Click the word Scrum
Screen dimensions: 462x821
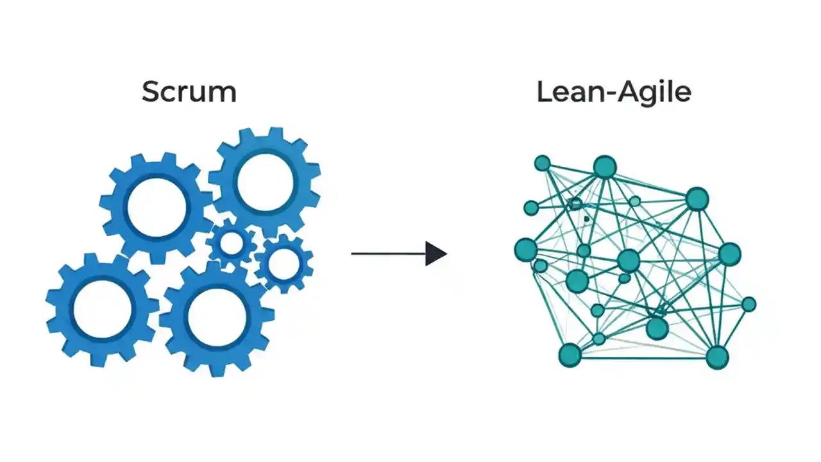point(189,92)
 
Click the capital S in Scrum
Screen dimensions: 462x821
point(150,92)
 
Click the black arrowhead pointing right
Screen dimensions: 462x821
point(436,253)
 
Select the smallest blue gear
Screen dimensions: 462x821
point(231,244)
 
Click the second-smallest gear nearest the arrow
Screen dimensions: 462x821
point(284,262)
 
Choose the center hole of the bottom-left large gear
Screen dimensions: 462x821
point(102,310)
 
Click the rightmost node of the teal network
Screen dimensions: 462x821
point(749,304)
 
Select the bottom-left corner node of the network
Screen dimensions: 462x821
point(570,354)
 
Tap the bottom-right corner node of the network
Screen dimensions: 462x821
point(717,356)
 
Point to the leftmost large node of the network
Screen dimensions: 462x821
point(526,250)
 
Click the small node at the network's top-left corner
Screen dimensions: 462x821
point(542,163)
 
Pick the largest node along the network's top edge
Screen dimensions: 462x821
point(604,167)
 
